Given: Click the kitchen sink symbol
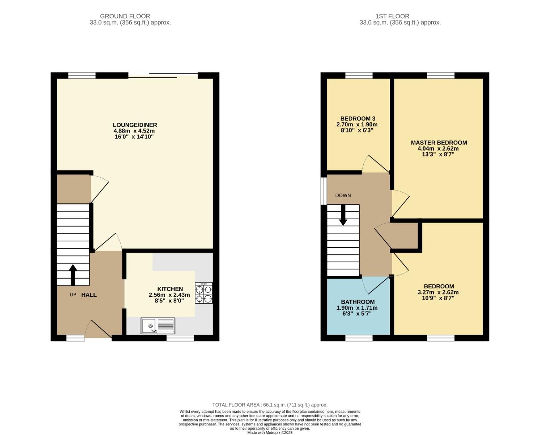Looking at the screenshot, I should point(158,326).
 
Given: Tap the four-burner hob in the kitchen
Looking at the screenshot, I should point(204,293).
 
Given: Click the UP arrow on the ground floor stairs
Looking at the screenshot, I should point(73,275).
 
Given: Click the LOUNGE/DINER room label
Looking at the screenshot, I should point(134,125).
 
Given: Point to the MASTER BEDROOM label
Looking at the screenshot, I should point(439,143).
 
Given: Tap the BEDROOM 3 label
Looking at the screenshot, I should point(358,118).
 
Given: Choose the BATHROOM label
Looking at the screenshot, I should point(358,302).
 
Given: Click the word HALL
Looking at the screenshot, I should point(89,295).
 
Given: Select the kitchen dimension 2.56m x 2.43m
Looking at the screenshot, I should point(169,295).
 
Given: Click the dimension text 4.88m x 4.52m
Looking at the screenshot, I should point(134,131).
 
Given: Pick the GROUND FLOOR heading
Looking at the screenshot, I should point(125,16).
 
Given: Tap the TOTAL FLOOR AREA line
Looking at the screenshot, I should point(270,405).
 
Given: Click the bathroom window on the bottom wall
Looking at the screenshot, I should point(359,338).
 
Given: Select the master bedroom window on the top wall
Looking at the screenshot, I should point(441,75).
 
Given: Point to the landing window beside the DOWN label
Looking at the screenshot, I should point(323,191).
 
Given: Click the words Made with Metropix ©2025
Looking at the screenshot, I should point(270,433).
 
